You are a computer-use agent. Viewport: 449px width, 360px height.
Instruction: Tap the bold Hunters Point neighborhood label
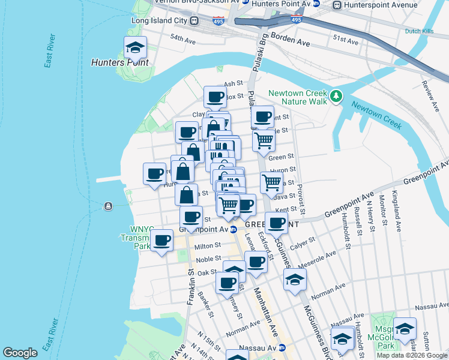120,62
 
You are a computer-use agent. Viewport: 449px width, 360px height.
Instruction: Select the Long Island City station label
160,21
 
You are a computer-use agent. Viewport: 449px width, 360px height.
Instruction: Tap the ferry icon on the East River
108,206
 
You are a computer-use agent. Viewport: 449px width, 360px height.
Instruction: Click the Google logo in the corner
20,353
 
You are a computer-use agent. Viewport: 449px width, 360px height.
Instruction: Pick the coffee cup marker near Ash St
215,97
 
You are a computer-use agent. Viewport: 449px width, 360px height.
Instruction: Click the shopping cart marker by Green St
264,141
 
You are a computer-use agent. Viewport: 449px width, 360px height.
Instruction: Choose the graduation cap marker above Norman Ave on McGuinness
295,280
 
